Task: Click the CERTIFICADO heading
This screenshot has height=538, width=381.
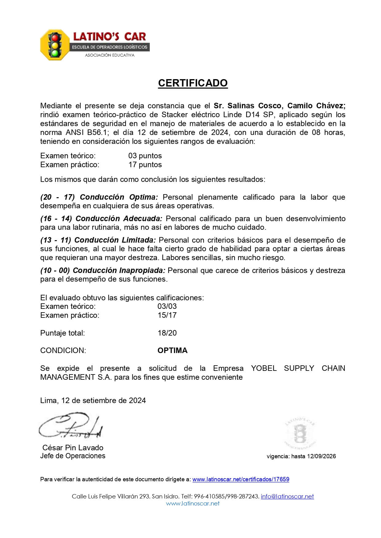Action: [193, 83]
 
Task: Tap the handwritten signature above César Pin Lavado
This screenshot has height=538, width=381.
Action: [71, 426]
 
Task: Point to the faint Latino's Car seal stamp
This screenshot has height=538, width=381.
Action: [300, 433]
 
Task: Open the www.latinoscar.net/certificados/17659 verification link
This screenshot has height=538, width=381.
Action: [241, 479]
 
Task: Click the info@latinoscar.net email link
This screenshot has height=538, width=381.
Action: [287, 496]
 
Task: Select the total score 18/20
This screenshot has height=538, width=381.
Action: [167, 333]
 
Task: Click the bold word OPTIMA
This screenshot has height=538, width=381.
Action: [172, 350]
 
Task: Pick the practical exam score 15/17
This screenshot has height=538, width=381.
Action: [167, 315]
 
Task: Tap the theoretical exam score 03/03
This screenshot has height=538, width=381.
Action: [167, 306]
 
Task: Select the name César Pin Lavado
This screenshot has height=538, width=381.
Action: [73, 448]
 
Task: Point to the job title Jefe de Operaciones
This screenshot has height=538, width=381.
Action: [73, 456]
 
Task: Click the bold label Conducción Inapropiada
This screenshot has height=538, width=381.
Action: [119, 270]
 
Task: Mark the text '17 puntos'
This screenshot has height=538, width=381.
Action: [145, 164]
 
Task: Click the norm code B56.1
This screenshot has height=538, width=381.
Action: [85, 132]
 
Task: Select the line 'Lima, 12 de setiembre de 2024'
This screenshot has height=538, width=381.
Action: [93, 400]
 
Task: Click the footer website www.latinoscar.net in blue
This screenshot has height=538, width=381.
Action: [193, 503]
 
